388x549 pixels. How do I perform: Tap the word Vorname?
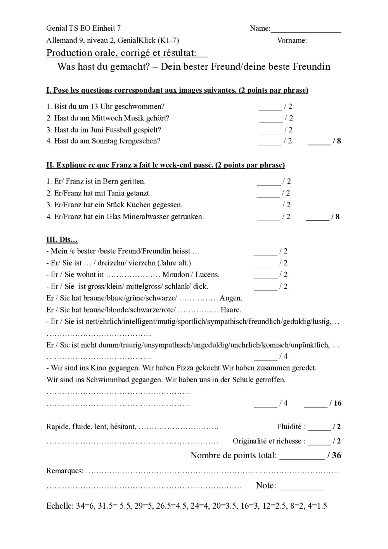pyautogui.click(x=291, y=40)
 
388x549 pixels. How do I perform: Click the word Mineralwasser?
pyautogui.click(x=146, y=216)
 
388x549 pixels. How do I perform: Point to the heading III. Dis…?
pyautogui.click(x=62, y=239)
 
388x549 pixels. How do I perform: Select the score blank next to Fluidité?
pyautogui.click(x=319, y=428)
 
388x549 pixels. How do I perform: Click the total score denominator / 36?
pyautogui.click(x=334, y=455)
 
